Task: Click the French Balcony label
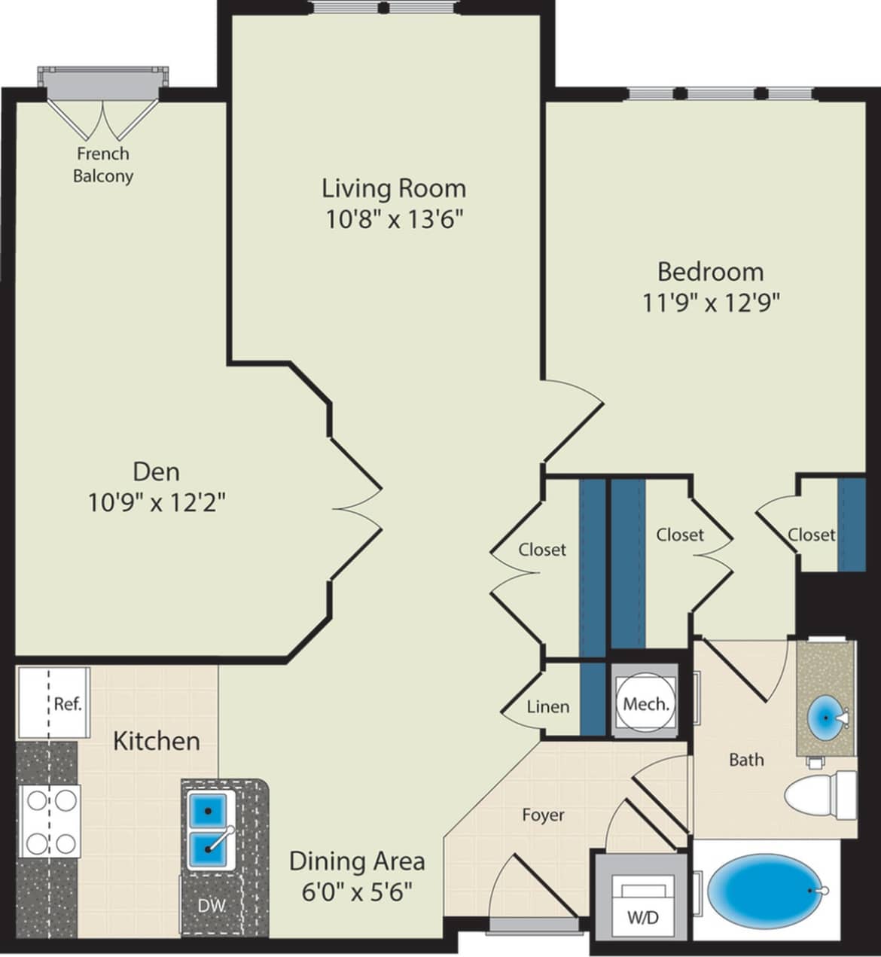click(x=102, y=165)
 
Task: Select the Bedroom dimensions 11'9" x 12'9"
click(x=710, y=303)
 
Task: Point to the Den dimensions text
click(x=157, y=502)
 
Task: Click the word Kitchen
click(x=157, y=741)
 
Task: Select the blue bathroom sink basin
click(x=826, y=718)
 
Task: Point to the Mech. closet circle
click(x=645, y=704)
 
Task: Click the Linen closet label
click(x=547, y=707)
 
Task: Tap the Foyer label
click(x=543, y=815)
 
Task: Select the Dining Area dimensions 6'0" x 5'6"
click(x=357, y=892)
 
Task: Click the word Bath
click(x=745, y=760)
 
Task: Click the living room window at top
click(x=384, y=9)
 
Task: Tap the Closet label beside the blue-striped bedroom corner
click(x=811, y=535)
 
